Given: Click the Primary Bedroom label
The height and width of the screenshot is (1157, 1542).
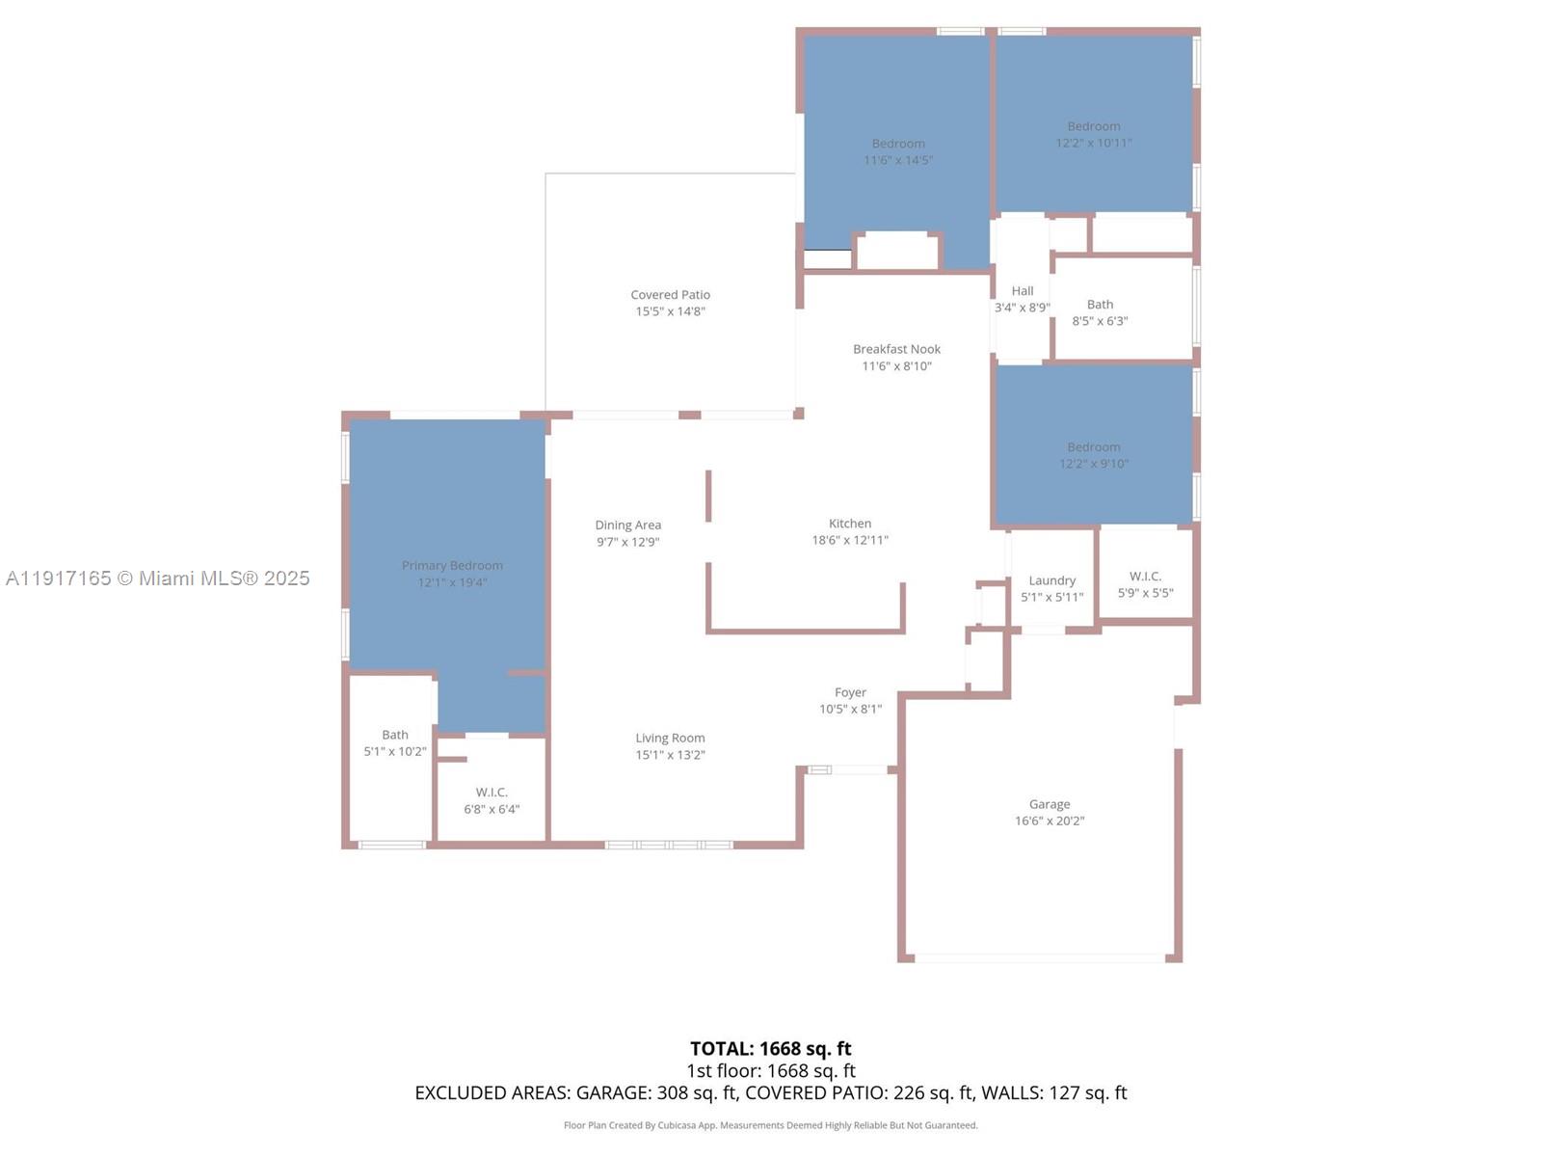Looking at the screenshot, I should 452,566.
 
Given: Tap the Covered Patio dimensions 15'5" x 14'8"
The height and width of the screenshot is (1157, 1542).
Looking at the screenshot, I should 670,311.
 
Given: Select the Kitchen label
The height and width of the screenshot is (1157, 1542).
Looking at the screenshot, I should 849,524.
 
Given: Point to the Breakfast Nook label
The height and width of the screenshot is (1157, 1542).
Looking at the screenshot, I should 896,349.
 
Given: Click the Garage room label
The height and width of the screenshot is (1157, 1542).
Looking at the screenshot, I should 1049,804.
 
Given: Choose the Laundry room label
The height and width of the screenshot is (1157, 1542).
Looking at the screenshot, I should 1051,580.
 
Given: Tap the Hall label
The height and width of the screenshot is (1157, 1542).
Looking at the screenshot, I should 1022,291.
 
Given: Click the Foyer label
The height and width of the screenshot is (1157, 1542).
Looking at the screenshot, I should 849,692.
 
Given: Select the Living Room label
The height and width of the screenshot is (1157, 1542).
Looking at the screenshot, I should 670,739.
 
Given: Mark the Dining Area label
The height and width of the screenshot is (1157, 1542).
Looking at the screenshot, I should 627,525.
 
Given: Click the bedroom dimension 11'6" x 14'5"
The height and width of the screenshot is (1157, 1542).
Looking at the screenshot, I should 897,160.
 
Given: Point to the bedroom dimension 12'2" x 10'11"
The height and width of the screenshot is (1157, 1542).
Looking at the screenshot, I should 1093,143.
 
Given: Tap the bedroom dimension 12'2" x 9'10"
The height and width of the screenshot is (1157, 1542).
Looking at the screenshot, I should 1093,464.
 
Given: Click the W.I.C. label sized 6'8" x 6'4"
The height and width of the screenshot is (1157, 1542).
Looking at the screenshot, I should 492,793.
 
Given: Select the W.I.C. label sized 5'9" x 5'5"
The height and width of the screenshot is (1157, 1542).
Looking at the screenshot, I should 1145,577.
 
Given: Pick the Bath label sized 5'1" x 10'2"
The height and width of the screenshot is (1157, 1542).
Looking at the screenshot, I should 394,735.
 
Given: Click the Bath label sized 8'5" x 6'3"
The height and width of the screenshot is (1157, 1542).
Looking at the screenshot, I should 1100,305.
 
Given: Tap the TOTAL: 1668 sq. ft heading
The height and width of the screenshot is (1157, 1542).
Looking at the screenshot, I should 770,1049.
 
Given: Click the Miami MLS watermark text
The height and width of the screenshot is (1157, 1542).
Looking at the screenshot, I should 157,578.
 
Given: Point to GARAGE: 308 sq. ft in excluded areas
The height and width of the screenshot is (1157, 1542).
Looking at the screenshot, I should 656,1093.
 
